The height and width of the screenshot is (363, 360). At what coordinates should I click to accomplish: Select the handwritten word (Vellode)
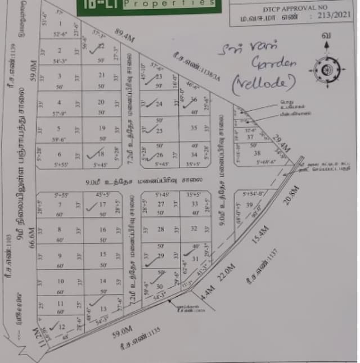pos(263,83)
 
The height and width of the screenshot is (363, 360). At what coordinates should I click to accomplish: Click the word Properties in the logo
pos(169,3)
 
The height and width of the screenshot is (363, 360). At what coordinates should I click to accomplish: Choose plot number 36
pos(194,100)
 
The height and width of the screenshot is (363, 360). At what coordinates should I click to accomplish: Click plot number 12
pos(61,327)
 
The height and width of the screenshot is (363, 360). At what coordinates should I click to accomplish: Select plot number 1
pos(60,23)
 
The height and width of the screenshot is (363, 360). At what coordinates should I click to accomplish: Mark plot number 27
pos(161,204)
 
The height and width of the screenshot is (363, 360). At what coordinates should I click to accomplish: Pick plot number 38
pos(256,153)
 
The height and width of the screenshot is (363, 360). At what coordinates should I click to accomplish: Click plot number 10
pos(61,281)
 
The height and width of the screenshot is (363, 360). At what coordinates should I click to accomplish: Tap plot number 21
pos(102,75)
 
